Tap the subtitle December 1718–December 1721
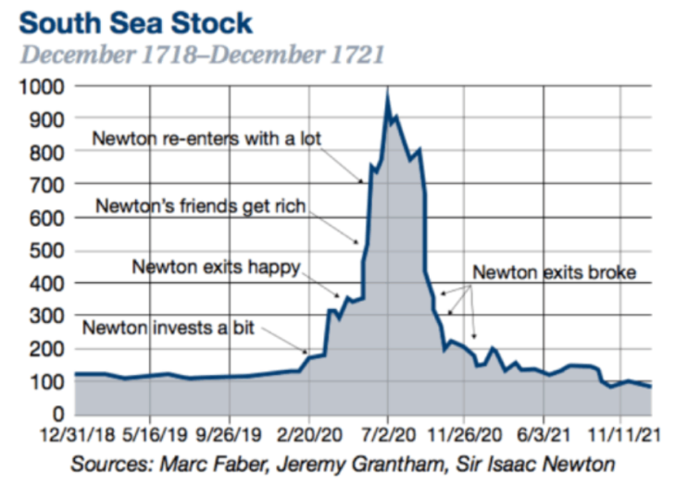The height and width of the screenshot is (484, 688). coord(203,53)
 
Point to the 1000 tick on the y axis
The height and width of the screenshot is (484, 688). coord(40,87)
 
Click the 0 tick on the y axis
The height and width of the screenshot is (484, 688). coord(57,414)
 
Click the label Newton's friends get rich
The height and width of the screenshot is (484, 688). coord(201,205)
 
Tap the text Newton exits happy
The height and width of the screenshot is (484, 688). coord(217,267)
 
